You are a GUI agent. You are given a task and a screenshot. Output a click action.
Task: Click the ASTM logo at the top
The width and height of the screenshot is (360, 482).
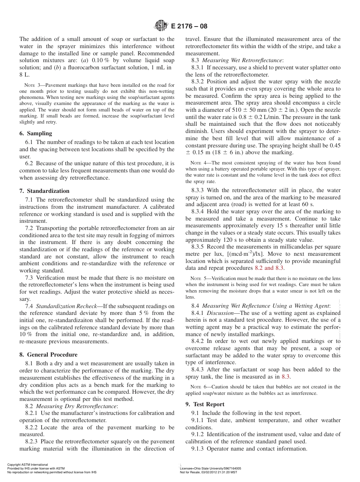[x=161, y=26]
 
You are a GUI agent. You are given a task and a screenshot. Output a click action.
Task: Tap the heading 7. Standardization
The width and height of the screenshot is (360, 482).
[x=44, y=191]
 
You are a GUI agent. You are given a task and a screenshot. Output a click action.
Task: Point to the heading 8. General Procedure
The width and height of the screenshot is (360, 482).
[x=48, y=355]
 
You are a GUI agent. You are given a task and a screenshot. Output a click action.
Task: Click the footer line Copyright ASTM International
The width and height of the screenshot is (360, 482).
[x=28, y=465]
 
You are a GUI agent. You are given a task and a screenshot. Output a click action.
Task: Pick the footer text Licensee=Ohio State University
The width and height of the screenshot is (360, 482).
[x=210, y=468]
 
